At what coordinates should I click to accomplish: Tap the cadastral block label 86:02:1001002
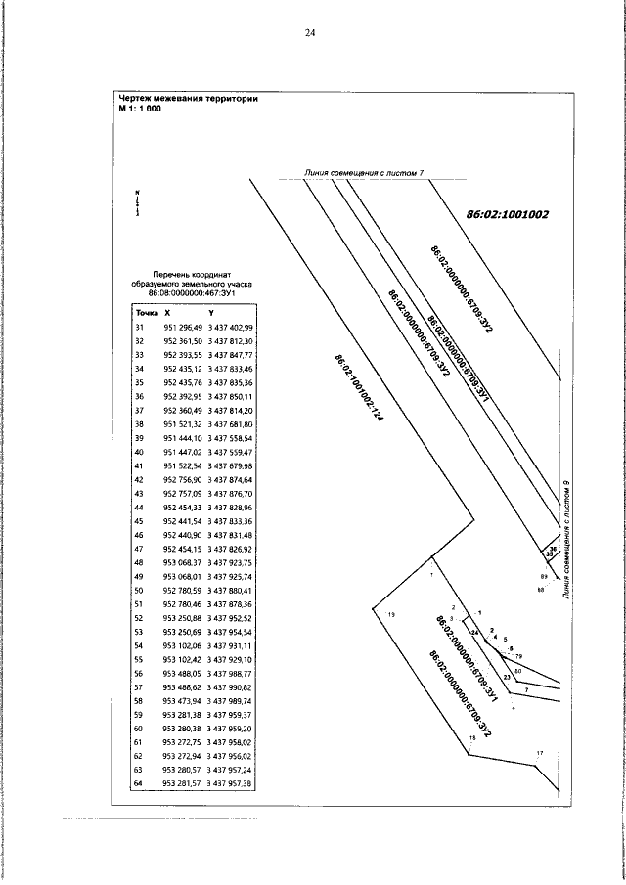pyautogui.click(x=509, y=213)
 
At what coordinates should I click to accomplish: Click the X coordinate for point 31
pyautogui.click(x=183, y=327)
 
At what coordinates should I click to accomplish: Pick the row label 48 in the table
pyautogui.click(x=139, y=564)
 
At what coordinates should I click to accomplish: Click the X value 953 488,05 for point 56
pyautogui.click(x=183, y=674)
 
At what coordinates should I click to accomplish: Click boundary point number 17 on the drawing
pyautogui.click(x=538, y=753)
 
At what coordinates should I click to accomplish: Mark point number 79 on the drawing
pyautogui.click(x=519, y=655)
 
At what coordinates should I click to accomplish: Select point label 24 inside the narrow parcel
pyautogui.click(x=474, y=633)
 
